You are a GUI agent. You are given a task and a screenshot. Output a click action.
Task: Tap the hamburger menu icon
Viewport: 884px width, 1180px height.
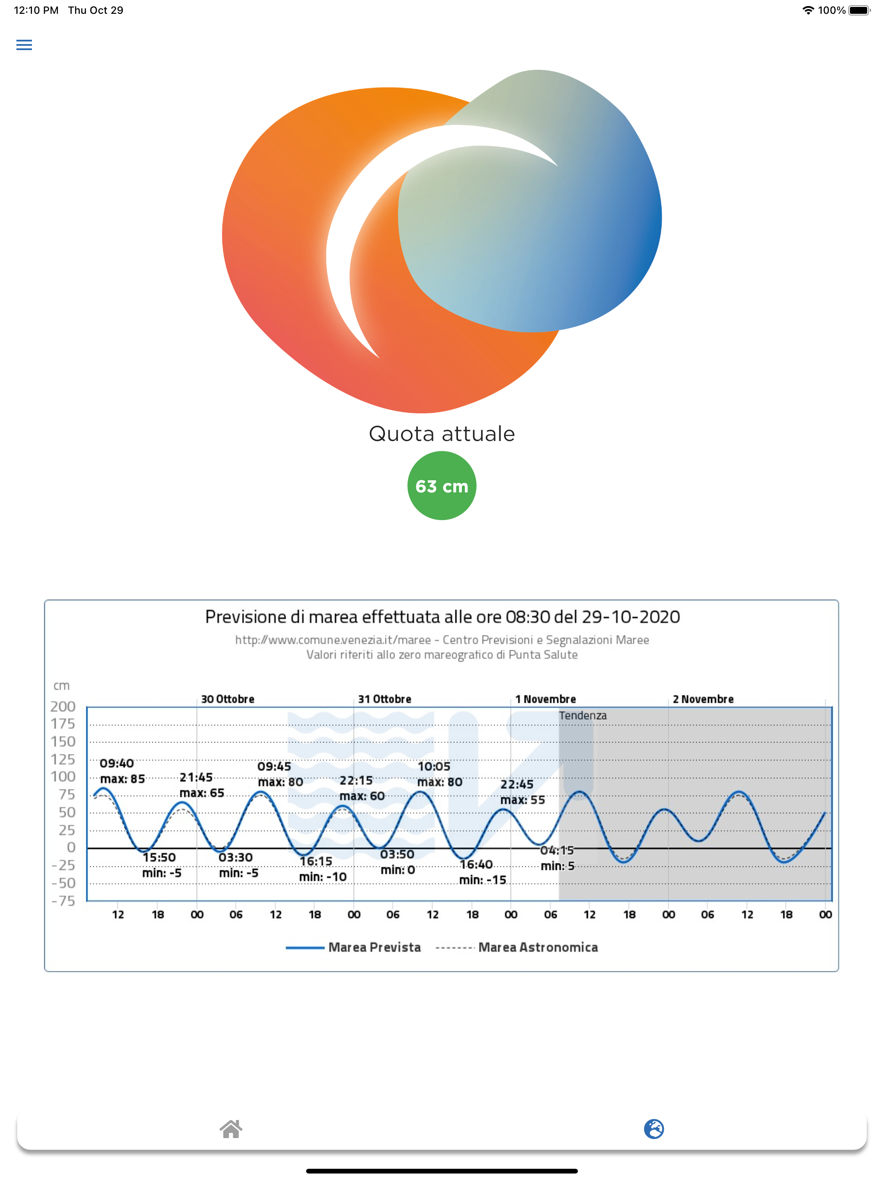tap(24, 45)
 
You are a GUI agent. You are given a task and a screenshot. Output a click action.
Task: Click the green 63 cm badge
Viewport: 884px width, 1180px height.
tap(442, 485)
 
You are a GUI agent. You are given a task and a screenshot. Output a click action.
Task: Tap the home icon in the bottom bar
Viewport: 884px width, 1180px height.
tap(231, 1129)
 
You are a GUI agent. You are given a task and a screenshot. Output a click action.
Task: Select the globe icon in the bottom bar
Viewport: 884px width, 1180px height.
tap(654, 1129)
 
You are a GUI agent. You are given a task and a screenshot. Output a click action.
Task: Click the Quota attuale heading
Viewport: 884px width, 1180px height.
tap(442, 434)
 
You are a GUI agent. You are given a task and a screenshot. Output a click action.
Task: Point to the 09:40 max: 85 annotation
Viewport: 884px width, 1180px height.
tap(122, 771)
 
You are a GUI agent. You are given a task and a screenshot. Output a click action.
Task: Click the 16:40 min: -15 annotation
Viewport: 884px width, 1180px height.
tap(482, 872)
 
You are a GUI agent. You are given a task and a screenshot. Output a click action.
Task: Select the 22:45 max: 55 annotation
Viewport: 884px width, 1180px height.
tap(522, 792)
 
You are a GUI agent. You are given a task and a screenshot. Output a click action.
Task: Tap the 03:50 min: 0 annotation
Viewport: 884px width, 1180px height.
tap(397, 862)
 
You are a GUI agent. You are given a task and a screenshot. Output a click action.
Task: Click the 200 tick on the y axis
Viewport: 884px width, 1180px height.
tap(63, 706)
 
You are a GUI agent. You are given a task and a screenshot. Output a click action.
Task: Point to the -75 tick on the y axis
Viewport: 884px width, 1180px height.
tap(63, 901)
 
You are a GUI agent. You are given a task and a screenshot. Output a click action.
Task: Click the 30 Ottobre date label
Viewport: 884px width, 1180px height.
tap(227, 699)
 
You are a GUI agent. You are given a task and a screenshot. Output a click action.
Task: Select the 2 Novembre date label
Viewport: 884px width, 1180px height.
tap(703, 699)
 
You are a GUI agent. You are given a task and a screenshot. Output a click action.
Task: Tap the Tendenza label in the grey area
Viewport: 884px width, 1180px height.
tap(582, 715)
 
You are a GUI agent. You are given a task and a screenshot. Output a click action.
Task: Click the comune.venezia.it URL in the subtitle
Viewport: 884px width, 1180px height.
tap(332, 640)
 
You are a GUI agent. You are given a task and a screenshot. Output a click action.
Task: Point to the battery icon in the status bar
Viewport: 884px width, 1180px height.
tap(859, 10)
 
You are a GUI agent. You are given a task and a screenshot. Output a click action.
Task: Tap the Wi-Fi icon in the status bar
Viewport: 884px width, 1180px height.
tap(808, 10)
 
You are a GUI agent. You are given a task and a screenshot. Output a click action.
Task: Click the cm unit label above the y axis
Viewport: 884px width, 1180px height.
tap(61, 685)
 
